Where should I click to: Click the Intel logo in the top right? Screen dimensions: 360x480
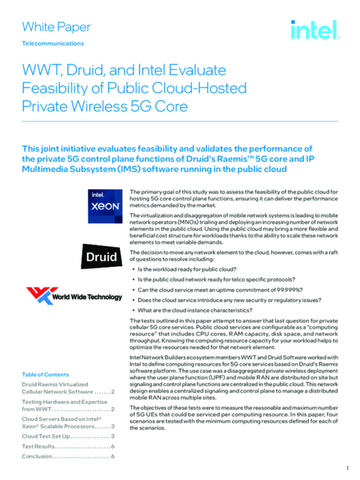click(315, 29)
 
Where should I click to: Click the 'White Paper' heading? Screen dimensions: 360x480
click(56, 28)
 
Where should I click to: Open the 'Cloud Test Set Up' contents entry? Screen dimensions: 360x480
click(67, 436)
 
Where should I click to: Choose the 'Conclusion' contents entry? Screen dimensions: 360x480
click(67, 456)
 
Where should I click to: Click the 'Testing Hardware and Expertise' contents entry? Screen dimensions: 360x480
click(67, 405)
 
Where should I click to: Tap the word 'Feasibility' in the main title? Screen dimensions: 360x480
click(56, 88)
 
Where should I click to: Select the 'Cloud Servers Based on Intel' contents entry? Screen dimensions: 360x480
click(67, 421)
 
